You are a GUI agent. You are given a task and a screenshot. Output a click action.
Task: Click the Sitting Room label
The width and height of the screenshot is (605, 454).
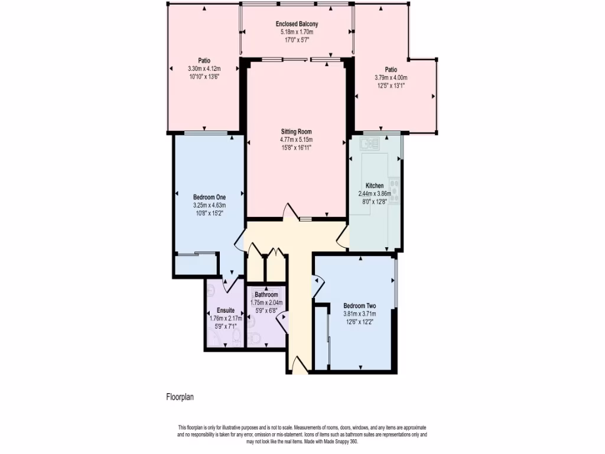click(x=296, y=131)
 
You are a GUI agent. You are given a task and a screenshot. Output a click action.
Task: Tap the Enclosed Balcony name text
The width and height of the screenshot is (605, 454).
click(x=297, y=24)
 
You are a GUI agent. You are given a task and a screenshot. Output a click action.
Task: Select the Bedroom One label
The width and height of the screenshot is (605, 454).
click(x=209, y=197)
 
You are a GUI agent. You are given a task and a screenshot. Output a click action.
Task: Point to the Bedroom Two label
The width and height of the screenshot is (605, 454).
click(x=360, y=306)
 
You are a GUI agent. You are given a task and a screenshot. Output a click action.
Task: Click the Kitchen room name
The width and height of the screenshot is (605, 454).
click(x=375, y=186)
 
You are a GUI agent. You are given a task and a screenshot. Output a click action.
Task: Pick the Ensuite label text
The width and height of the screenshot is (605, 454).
click(x=226, y=310)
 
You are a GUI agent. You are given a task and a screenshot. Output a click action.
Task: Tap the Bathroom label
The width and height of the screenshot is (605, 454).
click(x=266, y=294)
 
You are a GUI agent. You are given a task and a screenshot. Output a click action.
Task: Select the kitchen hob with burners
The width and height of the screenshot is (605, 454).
click(x=395, y=190)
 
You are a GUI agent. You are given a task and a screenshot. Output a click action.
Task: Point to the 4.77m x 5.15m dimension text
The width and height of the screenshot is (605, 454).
click(x=296, y=140)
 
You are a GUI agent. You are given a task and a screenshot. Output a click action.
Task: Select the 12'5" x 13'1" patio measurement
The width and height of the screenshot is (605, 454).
click(x=391, y=85)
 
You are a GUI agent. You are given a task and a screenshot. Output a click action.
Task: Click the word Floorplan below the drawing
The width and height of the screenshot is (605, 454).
click(x=180, y=397)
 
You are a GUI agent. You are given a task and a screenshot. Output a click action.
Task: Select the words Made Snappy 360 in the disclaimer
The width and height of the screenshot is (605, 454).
click(x=337, y=442)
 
